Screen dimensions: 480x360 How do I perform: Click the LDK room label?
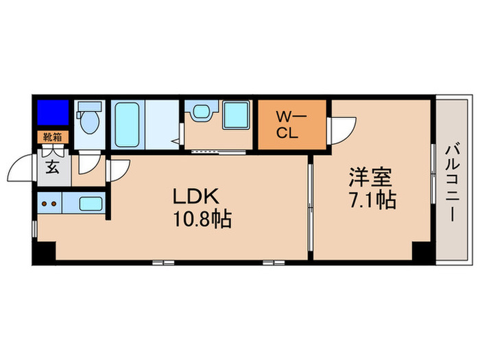click(x=196, y=196)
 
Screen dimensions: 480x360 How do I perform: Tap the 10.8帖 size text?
click(x=202, y=219)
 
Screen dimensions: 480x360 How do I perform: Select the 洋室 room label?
click(x=370, y=178)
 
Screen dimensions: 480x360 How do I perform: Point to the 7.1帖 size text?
click(x=373, y=200)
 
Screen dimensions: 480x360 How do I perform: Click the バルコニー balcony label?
click(x=452, y=183)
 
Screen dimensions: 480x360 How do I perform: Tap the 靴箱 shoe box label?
click(x=52, y=137)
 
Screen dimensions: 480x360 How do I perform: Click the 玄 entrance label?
click(x=52, y=167)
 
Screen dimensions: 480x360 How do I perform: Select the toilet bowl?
click(x=89, y=121)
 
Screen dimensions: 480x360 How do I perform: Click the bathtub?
click(x=127, y=125)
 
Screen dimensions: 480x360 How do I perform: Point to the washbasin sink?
click(x=202, y=111)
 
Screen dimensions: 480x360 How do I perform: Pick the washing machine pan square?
click(x=236, y=115)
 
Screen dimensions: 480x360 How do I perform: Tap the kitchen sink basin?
click(x=91, y=204)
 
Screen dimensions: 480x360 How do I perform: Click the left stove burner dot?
click(x=45, y=204)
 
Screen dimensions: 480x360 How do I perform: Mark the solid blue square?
click(x=53, y=112)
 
